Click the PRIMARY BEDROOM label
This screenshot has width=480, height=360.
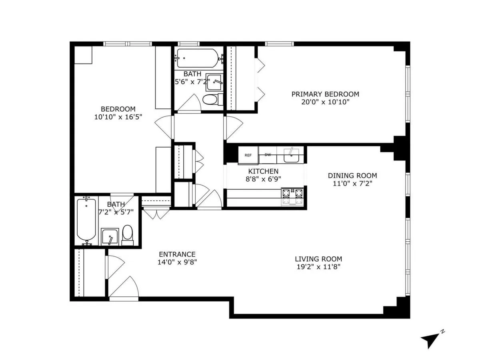[325, 94]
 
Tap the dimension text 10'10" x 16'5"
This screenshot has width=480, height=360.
[118, 117]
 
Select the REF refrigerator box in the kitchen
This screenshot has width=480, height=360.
[248, 155]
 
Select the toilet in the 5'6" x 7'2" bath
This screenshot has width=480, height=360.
[210, 99]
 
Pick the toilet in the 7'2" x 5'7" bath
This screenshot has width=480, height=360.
[128, 235]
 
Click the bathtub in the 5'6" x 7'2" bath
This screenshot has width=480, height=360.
[197, 58]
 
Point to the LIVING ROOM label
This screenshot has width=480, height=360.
[318, 259]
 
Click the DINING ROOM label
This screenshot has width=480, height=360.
[352, 176]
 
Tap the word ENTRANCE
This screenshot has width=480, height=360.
[177, 254]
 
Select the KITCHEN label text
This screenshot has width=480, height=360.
[263, 171]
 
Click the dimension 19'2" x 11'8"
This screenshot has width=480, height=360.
[318, 267]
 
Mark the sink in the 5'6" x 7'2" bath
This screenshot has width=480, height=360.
[215, 82]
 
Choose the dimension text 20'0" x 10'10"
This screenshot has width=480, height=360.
[325, 102]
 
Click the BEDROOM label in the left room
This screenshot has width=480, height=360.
[118, 109]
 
